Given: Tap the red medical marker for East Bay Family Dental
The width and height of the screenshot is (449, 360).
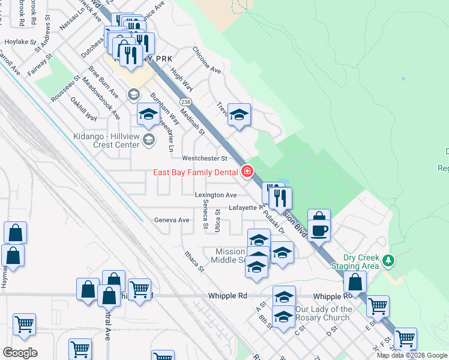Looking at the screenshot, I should (x=247, y=172).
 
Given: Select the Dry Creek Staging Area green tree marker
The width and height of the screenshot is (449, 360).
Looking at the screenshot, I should (x=389, y=260).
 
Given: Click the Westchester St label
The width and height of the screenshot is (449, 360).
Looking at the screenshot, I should (x=205, y=158).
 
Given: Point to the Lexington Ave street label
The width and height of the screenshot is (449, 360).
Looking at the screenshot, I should (x=215, y=195).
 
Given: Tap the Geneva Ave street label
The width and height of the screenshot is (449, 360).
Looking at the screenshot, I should (x=172, y=220).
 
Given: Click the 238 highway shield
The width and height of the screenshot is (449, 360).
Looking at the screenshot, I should (x=185, y=102).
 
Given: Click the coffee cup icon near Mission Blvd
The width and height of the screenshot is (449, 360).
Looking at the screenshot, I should (x=319, y=230).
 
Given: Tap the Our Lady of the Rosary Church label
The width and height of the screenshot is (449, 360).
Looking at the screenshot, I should (x=324, y=313).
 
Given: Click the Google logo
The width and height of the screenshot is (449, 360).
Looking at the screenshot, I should (x=20, y=352).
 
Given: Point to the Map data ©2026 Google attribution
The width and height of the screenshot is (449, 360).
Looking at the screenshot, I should (x=412, y=355).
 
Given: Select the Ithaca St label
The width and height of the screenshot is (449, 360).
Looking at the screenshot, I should (x=194, y=262).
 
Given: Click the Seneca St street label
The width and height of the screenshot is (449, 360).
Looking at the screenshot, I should (x=205, y=216).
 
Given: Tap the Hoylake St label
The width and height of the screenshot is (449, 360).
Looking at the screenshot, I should (x=21, y=43).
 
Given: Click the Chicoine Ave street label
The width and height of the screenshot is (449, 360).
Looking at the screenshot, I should (x=207, y=60).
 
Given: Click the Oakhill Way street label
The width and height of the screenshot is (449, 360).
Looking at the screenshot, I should (x=83, y=109).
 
